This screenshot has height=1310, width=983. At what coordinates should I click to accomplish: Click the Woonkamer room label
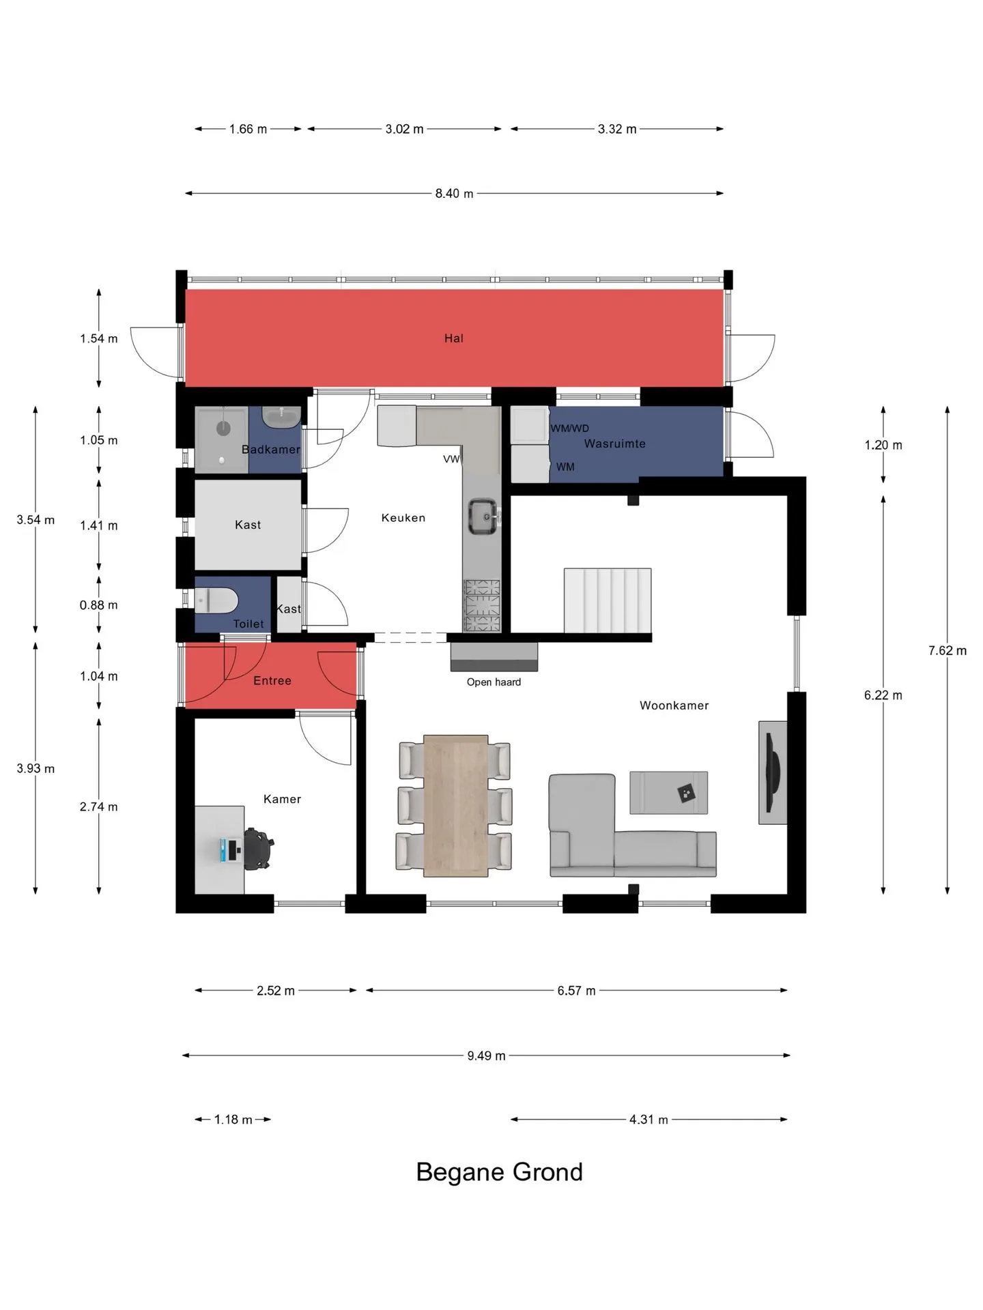click(x=674, y=705)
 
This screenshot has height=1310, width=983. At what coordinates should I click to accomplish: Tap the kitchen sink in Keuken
click(x=483, y=517)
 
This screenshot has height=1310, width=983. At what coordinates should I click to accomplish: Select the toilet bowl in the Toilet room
click(x=216, y=601)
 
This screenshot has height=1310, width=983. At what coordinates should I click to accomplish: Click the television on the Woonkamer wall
click(x=772, y=772)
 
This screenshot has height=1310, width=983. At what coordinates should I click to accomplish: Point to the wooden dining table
click(x=455, y=805)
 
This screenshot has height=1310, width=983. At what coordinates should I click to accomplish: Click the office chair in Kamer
click(x=258, y=849)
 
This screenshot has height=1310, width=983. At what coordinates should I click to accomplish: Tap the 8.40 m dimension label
click(x=454, y=194)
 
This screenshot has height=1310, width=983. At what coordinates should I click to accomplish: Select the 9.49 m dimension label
click(x=486, y=1056)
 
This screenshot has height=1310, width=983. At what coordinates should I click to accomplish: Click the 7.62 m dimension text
click(x=947, y=651)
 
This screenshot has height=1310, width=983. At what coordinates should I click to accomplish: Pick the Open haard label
click(x=494, y=682)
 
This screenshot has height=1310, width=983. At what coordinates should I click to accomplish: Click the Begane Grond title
click(x=499, y=1171)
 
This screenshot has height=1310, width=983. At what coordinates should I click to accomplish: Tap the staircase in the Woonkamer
click(x=607, y=600)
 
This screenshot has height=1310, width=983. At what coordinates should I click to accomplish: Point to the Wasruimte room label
click(x=614, y=443)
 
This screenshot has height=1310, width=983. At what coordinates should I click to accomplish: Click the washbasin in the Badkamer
click(x=281, y=417)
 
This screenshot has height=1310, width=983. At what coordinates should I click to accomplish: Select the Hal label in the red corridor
click(x=453, y=338)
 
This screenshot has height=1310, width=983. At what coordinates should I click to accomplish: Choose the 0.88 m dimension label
click(x=98, y=605)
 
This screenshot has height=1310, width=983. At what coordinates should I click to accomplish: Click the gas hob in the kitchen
click(x=482, y=605)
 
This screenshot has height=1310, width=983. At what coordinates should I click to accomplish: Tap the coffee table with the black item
click(x=668, y=792)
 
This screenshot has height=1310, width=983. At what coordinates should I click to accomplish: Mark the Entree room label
click(x=272, y=681)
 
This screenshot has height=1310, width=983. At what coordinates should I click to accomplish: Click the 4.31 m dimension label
click(x=649, y=1120)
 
